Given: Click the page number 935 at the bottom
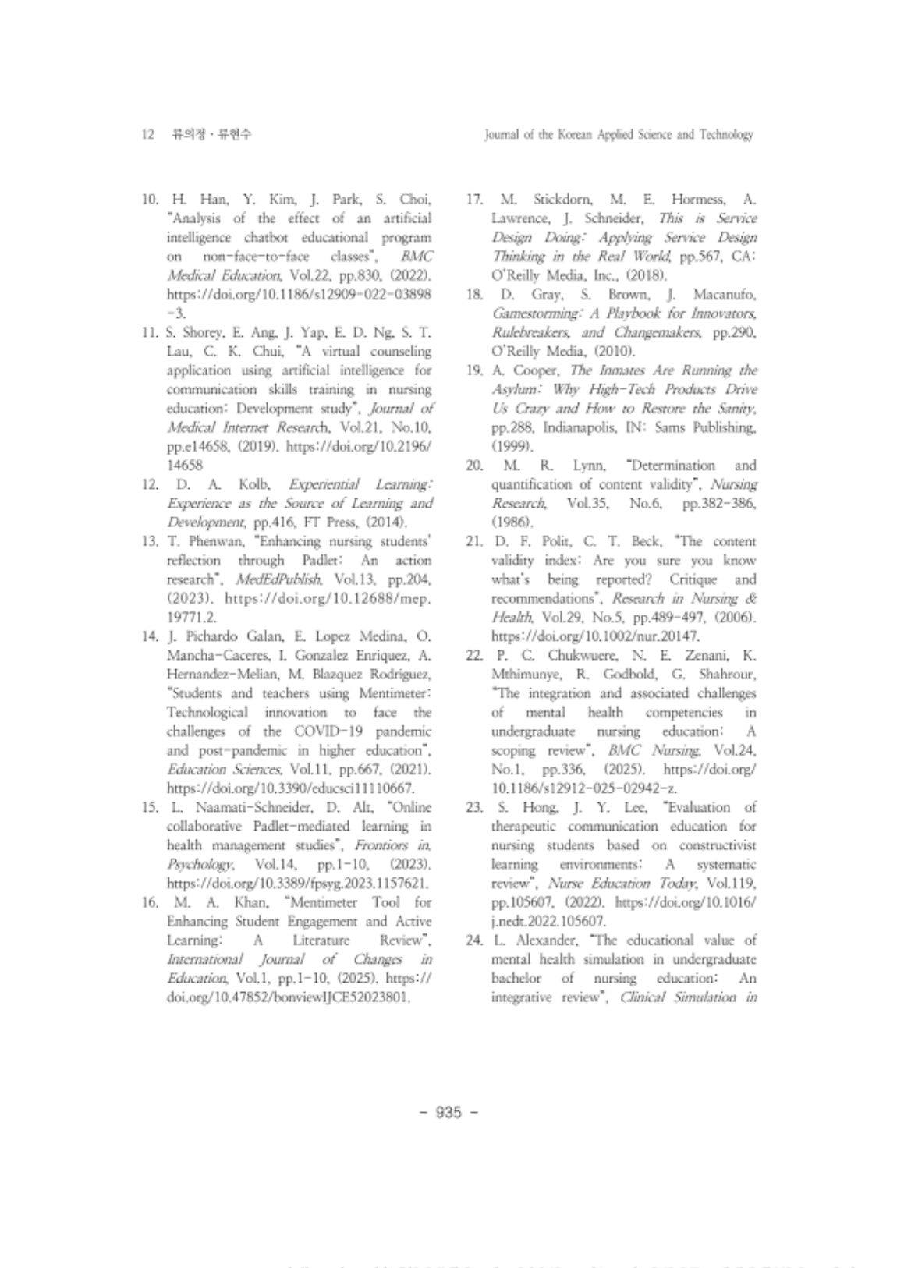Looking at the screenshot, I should pyautogui.click(x=448, y=1111).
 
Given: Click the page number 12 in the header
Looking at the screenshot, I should pyautogui.click(x=147, y=135).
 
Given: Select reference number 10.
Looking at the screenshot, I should pyautogui.click(x=150, y=200).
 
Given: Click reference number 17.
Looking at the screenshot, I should pyautogui.click(x=473, y=200).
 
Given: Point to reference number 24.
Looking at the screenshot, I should pyautogui.click(x=474, y=940).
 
